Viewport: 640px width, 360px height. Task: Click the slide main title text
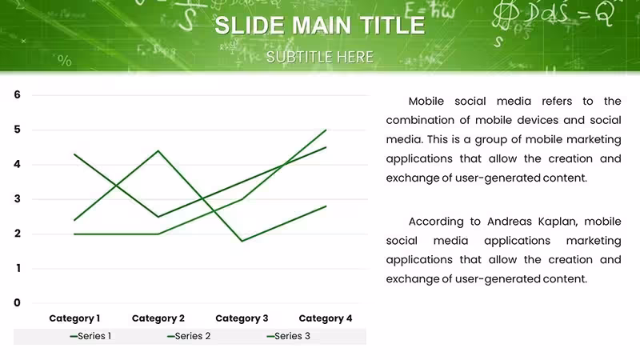click(x=319, y=26)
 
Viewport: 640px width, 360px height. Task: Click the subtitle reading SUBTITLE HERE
click(x=319, y=57)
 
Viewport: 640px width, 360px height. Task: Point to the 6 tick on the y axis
click(x=17, y=94)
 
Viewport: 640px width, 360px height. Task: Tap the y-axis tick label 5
click(x=17, y=130)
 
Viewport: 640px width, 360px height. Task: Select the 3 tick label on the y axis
click(x=17, y=198)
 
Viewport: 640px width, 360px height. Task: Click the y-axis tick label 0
click(x=17, y=302)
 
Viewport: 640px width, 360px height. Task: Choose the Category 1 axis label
click(x=74, y=318)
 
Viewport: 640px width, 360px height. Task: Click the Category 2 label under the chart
click(x=158, y=318)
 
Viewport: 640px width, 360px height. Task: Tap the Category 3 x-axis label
click(x=242, y=318)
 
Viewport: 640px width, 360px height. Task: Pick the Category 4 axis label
click(x=326, y=318)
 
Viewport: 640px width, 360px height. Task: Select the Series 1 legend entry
click(x=90, y=336)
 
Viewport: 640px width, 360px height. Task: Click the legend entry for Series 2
click(x=189, y=336)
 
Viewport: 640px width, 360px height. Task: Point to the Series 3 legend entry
click(x=288, y=336)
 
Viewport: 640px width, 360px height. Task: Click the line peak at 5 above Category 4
click(x=326, y=130)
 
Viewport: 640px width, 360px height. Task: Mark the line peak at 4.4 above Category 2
click(x=158, y=151)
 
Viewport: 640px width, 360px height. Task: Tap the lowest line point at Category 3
click(x=242, y=241)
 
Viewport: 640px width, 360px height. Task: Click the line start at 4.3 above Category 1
click(x=74, y=154)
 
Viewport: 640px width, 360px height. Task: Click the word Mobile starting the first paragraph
click(x=426, y=102)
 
